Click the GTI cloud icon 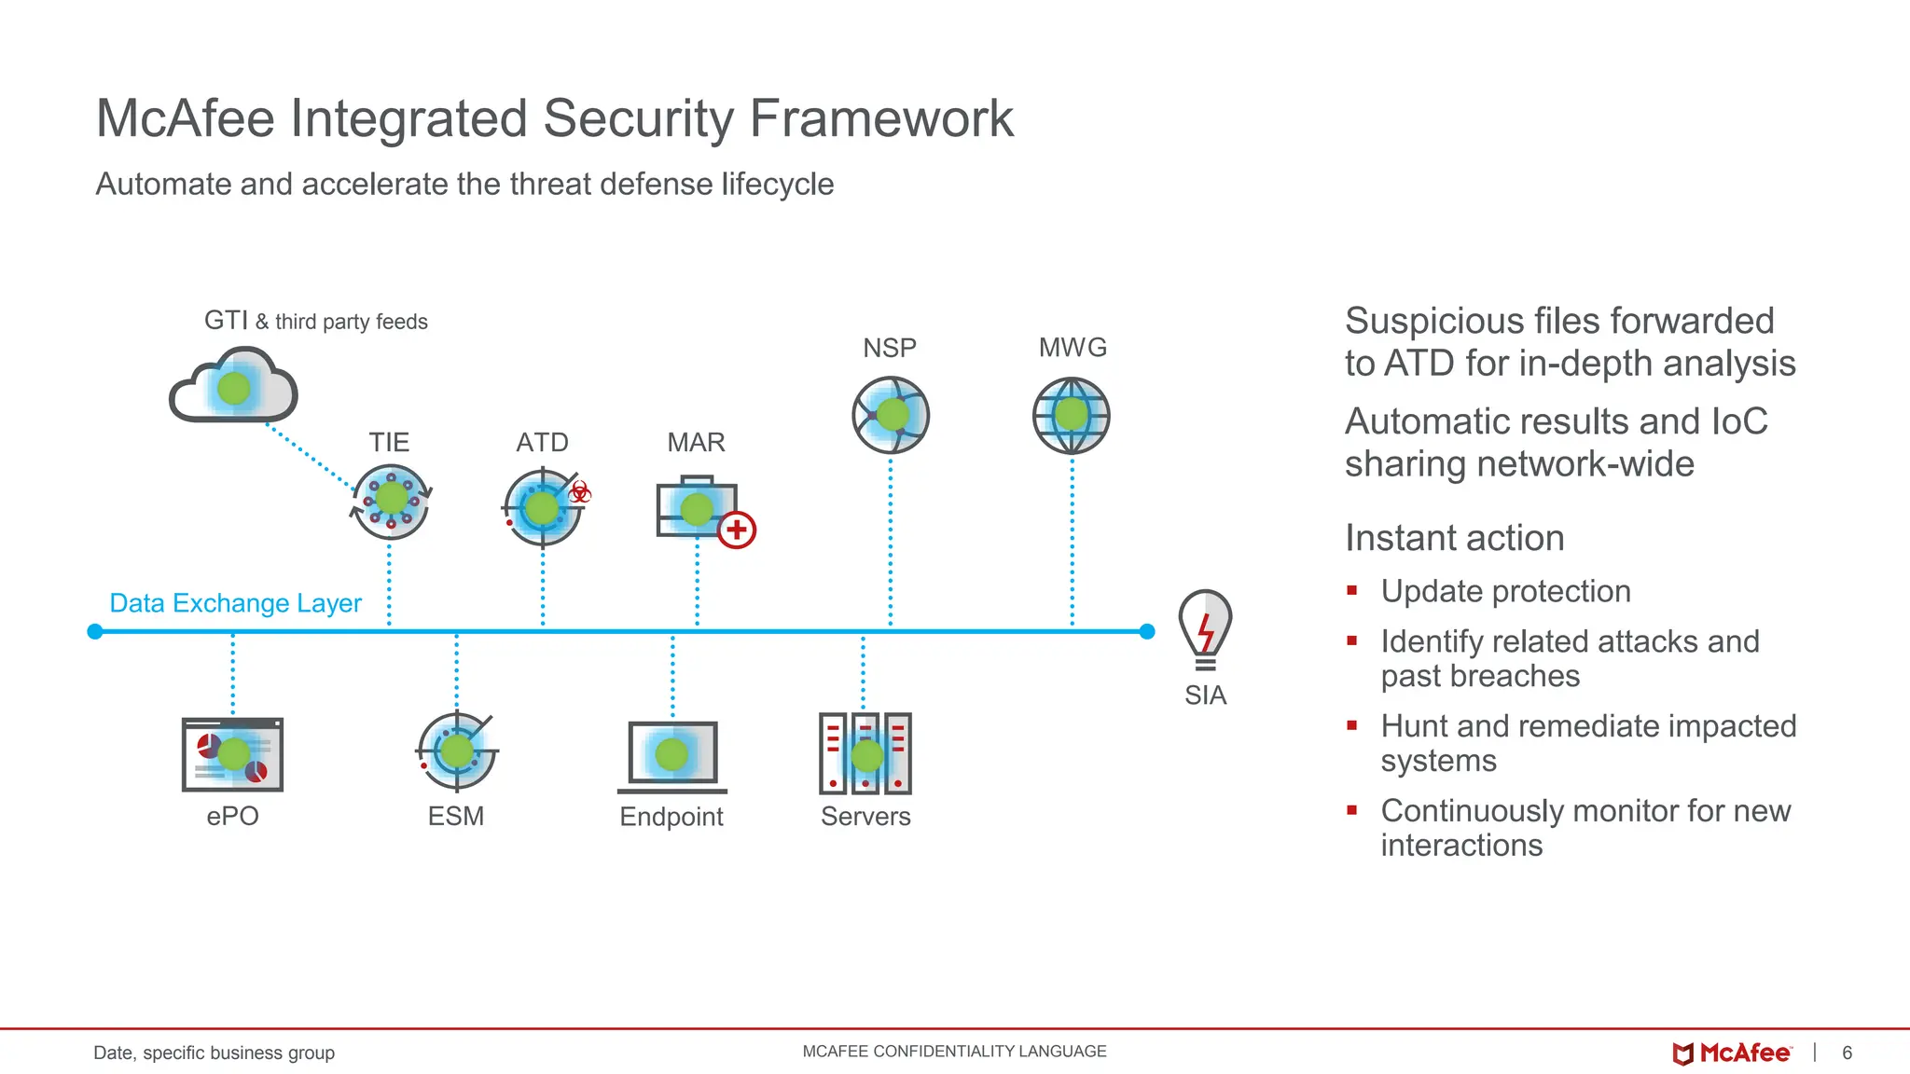[233, 386]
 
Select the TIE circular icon [391, 502]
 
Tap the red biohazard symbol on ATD [580, 492]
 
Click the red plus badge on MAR [737, 530]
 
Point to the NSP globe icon [891, 415]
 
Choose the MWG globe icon [1072, 416]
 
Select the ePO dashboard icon [232, 754]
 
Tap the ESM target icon [456, 750]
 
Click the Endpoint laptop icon [671, 756]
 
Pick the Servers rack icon [865, 753]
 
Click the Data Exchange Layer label [235, 603]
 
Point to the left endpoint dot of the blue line [94, 632]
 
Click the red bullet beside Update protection [1351, 590]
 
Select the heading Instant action [1454, 538]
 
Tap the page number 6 [1847, 1053]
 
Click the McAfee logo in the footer [1732, 1053]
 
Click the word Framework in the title [881, 118]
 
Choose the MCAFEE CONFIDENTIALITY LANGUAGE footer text [954, 1052]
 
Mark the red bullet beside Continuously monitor [1351, 810]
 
